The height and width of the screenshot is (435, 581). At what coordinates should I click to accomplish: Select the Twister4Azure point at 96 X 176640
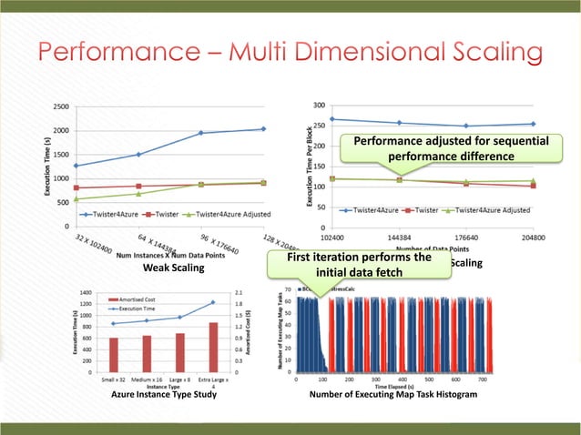201,133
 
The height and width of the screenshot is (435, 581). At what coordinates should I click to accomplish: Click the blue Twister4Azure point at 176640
466,126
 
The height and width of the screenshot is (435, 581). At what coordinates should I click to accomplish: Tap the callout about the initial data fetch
358,265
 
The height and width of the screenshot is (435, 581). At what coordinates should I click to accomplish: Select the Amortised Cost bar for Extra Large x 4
212,347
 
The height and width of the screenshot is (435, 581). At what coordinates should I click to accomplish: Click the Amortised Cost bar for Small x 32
114,355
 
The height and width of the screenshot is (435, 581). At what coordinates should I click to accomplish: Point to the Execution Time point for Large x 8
179,317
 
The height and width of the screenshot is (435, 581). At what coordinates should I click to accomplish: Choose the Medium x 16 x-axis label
147,379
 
